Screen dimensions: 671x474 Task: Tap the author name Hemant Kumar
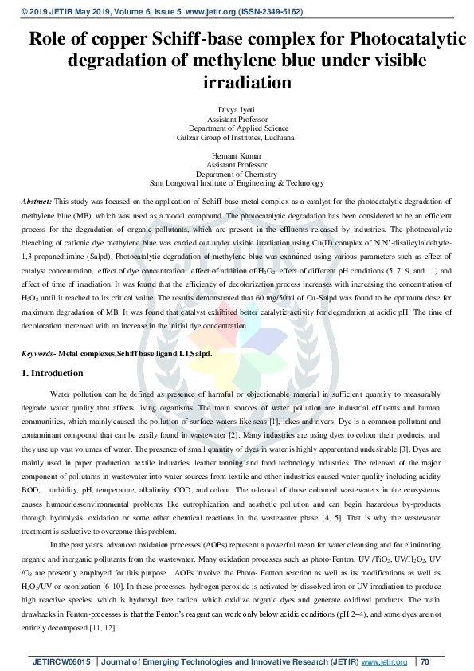click(x=237, y=155)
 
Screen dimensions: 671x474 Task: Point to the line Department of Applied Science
click(x=237, y=128)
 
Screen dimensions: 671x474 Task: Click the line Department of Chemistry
click(x=237, y=173)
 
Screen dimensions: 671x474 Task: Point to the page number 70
click(x=425, y=662)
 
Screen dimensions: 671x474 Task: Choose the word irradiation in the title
click(x=237, y=82)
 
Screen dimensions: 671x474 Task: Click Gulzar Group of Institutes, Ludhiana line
click(x=237, y=137)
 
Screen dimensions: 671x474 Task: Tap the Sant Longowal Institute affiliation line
click(x=237, y=182)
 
